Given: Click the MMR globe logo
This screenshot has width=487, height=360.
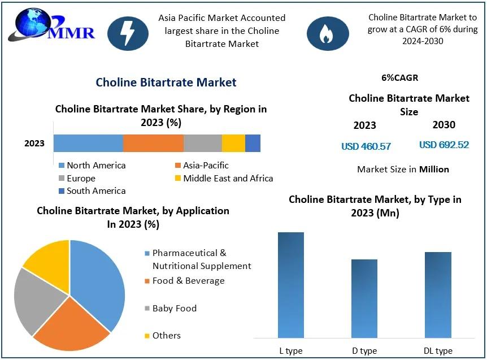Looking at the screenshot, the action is coord(51,25).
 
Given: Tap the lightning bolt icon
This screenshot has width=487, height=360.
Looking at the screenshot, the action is coord(128,33).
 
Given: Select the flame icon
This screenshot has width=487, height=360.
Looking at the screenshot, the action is coord(327,33).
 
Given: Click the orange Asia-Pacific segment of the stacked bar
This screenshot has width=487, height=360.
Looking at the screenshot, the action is coord(153,143).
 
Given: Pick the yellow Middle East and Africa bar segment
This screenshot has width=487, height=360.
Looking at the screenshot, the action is coord(233,143).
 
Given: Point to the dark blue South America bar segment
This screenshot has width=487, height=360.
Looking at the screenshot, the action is coord(253,143).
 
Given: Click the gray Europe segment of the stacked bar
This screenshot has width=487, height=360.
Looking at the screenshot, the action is coord(202,143).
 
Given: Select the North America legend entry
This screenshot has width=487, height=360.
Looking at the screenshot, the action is coord(92,165).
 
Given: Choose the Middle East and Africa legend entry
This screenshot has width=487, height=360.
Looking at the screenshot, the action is coord(224,178).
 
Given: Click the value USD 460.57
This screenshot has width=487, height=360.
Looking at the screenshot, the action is coord(366,146).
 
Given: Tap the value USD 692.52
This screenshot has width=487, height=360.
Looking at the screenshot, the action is coord(444,145).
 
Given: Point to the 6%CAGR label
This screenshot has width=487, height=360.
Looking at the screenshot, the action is coord(400,77).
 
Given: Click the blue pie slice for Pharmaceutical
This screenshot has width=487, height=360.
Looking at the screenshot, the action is coord(96,283).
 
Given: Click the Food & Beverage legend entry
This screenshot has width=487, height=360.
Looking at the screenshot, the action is coord(185,281).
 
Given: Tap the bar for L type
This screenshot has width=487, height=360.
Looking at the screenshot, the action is coord(291,285).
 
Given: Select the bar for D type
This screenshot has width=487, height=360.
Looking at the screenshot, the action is coord(364,298).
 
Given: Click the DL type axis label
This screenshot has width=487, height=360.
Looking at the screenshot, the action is coord(438,351).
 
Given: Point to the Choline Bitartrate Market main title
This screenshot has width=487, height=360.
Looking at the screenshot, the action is coord(166,83).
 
